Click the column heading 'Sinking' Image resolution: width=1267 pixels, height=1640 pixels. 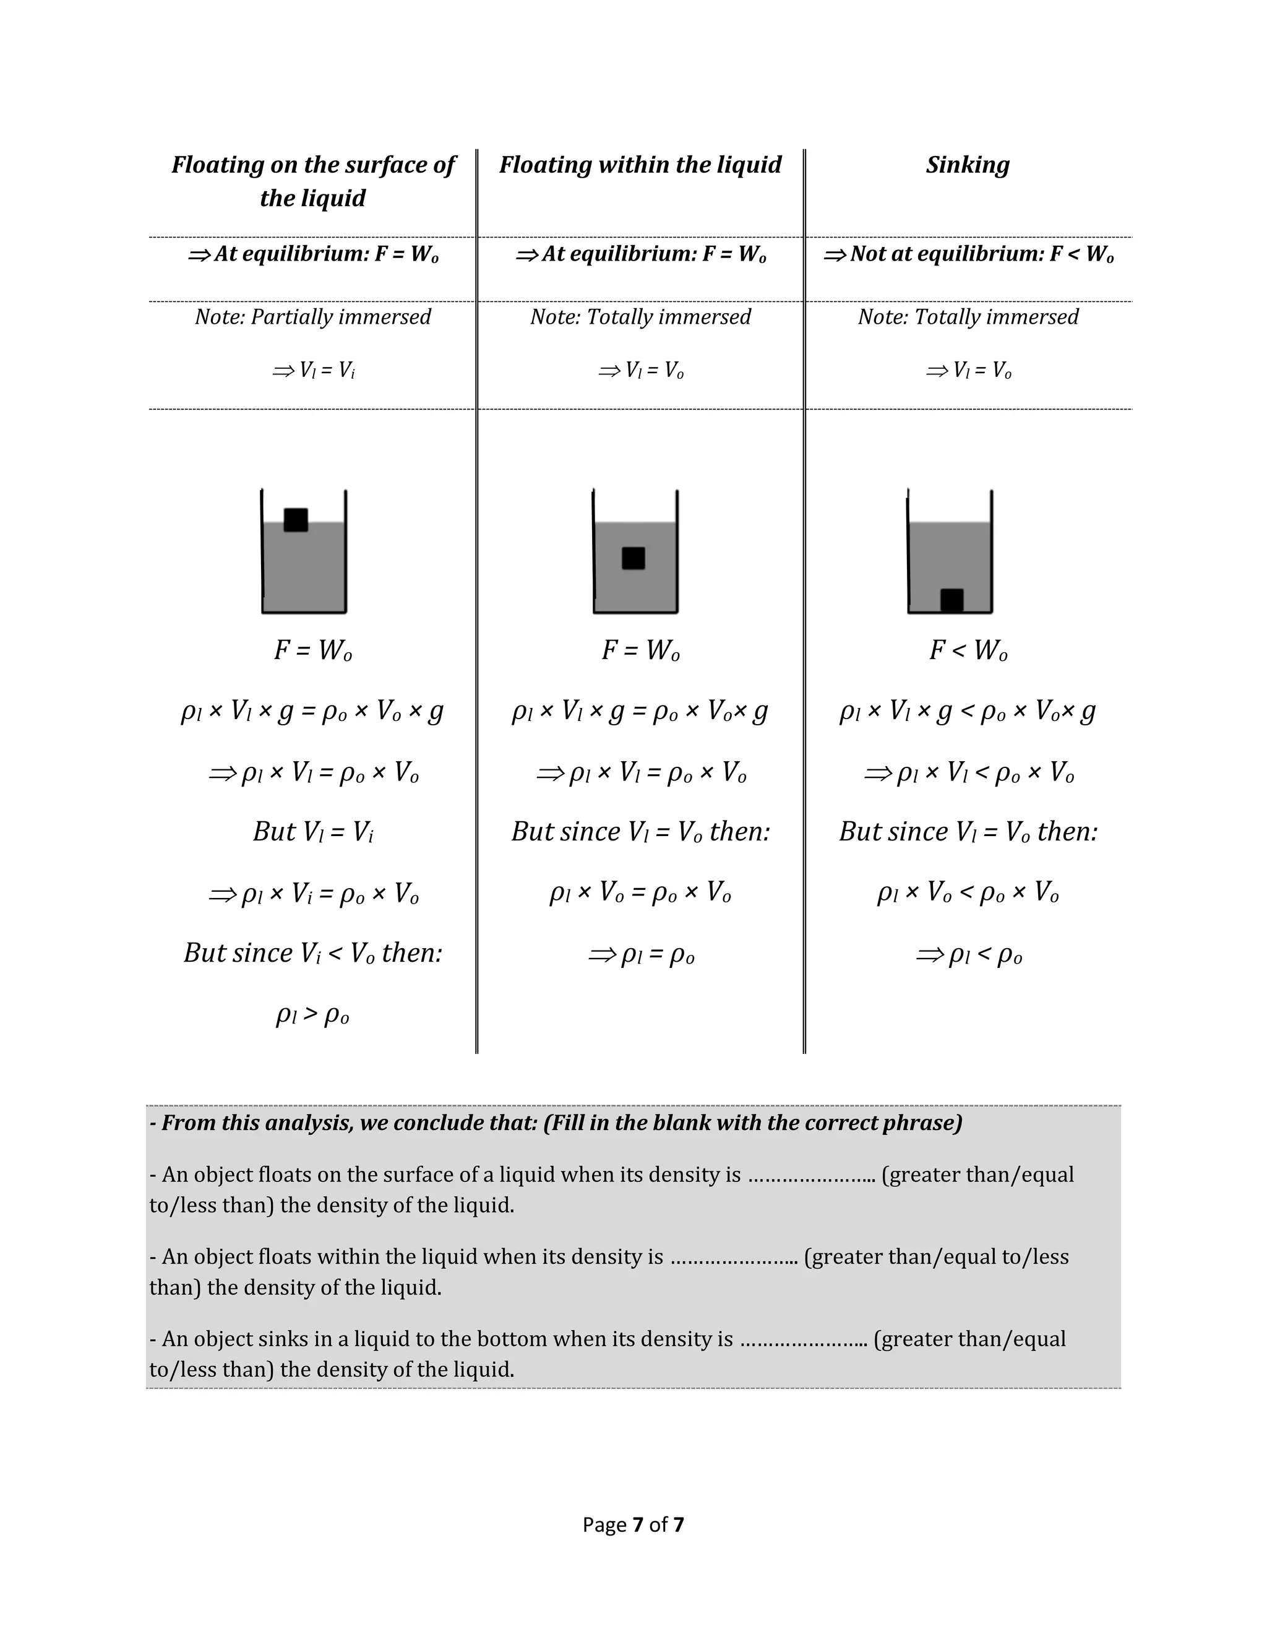(x=968, y=165)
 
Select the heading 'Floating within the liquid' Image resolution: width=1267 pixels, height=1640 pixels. (x=640, y=165)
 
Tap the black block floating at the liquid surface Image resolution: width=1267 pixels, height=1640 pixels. (x=296, y=520)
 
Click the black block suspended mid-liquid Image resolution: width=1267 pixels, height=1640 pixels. (x=633, y=558)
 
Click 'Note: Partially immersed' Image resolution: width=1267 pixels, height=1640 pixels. (x=313, y=317)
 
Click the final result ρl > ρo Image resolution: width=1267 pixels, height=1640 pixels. (x=312, y=1015)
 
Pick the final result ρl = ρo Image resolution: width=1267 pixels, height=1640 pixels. (x=641, y=954)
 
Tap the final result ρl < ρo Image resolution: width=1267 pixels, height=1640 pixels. (x=968, y=954)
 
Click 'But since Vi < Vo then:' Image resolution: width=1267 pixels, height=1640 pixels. (x=313, y=953)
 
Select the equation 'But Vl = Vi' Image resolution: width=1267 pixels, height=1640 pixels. (x=313, y=831)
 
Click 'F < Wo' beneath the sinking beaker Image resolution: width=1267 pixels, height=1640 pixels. (x=968, y=650)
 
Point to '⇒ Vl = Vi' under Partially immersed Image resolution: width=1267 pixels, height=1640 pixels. (x=313, y=370)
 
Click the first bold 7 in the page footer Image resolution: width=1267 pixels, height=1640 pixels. (x=638, y=1524)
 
